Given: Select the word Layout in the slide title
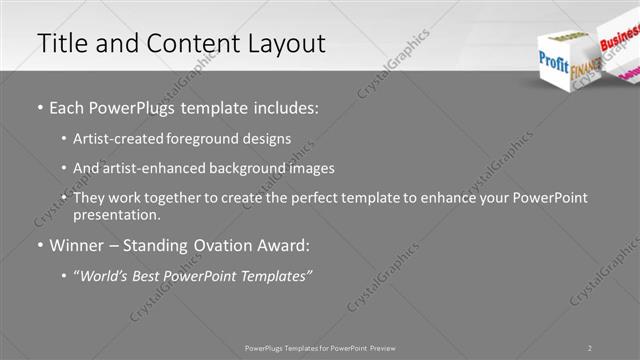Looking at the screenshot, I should click(285, 44).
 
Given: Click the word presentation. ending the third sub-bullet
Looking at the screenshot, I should click(116, 215).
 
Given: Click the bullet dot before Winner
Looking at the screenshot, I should click(40, 245).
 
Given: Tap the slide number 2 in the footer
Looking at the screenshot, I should click(590, 348).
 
